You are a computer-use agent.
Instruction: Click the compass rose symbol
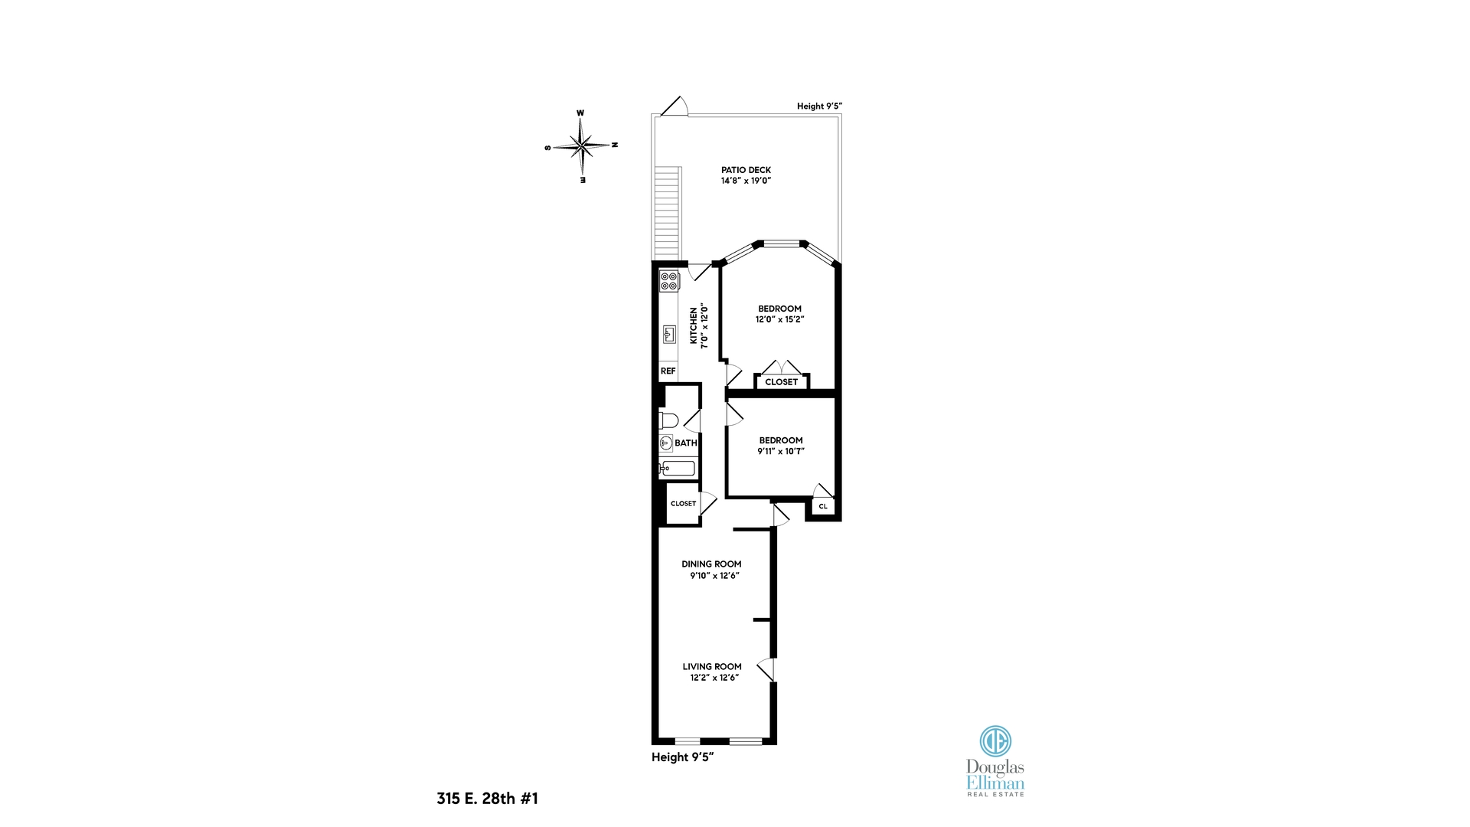click(x=582, y=145)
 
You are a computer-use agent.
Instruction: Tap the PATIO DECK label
click(x=746, y=170)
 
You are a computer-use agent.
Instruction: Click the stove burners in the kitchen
click(x=669, y=281)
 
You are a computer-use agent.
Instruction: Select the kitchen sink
click(x=669, y=335)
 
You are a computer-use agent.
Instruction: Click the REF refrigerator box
click(x=668, y=371)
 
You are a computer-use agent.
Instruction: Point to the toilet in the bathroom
click(x=668, y=420)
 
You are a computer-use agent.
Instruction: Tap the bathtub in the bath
click(x=678, y=469)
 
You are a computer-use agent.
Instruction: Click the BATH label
click(x=686, y=443)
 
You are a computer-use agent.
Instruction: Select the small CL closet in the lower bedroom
click(x=823, y=506)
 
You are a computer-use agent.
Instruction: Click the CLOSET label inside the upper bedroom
click(x=781, y=381)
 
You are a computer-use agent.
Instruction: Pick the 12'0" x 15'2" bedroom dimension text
click(x=779, y=319)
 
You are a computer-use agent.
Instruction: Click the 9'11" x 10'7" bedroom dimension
click(x=781, y=451)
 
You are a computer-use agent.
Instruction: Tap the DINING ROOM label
click(x=711, y=564)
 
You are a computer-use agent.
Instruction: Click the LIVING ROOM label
click(x=712, y=666)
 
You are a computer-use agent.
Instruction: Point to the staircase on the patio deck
click(x=667, y=213)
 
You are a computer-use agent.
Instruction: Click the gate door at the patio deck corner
click(x=675, y=106)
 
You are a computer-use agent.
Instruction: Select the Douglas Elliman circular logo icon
click(x=995, y=740)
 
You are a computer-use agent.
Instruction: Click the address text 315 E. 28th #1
click(x=487, y=798)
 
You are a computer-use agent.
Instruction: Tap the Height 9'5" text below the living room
click(x=682, y=757)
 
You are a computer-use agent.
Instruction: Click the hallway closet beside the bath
click(x=683, y=503)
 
